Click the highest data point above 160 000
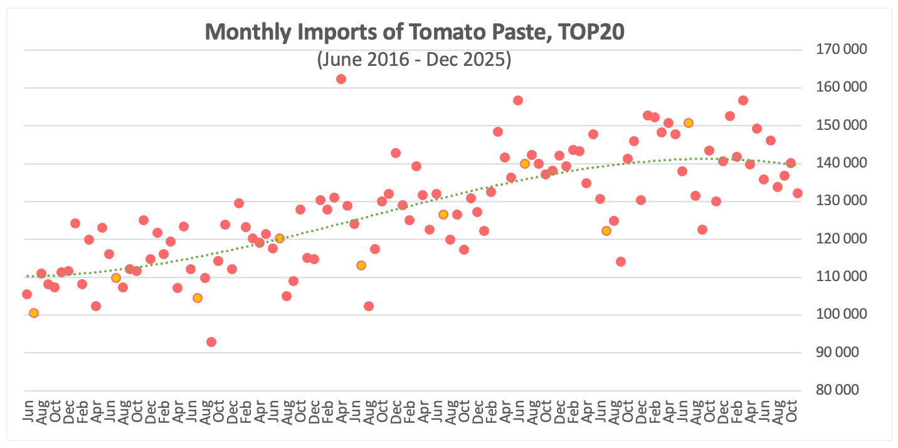coord(341,79)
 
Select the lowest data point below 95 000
coord(211,342)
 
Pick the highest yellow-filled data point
coord(688,123)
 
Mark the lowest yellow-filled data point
coord(34,313)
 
